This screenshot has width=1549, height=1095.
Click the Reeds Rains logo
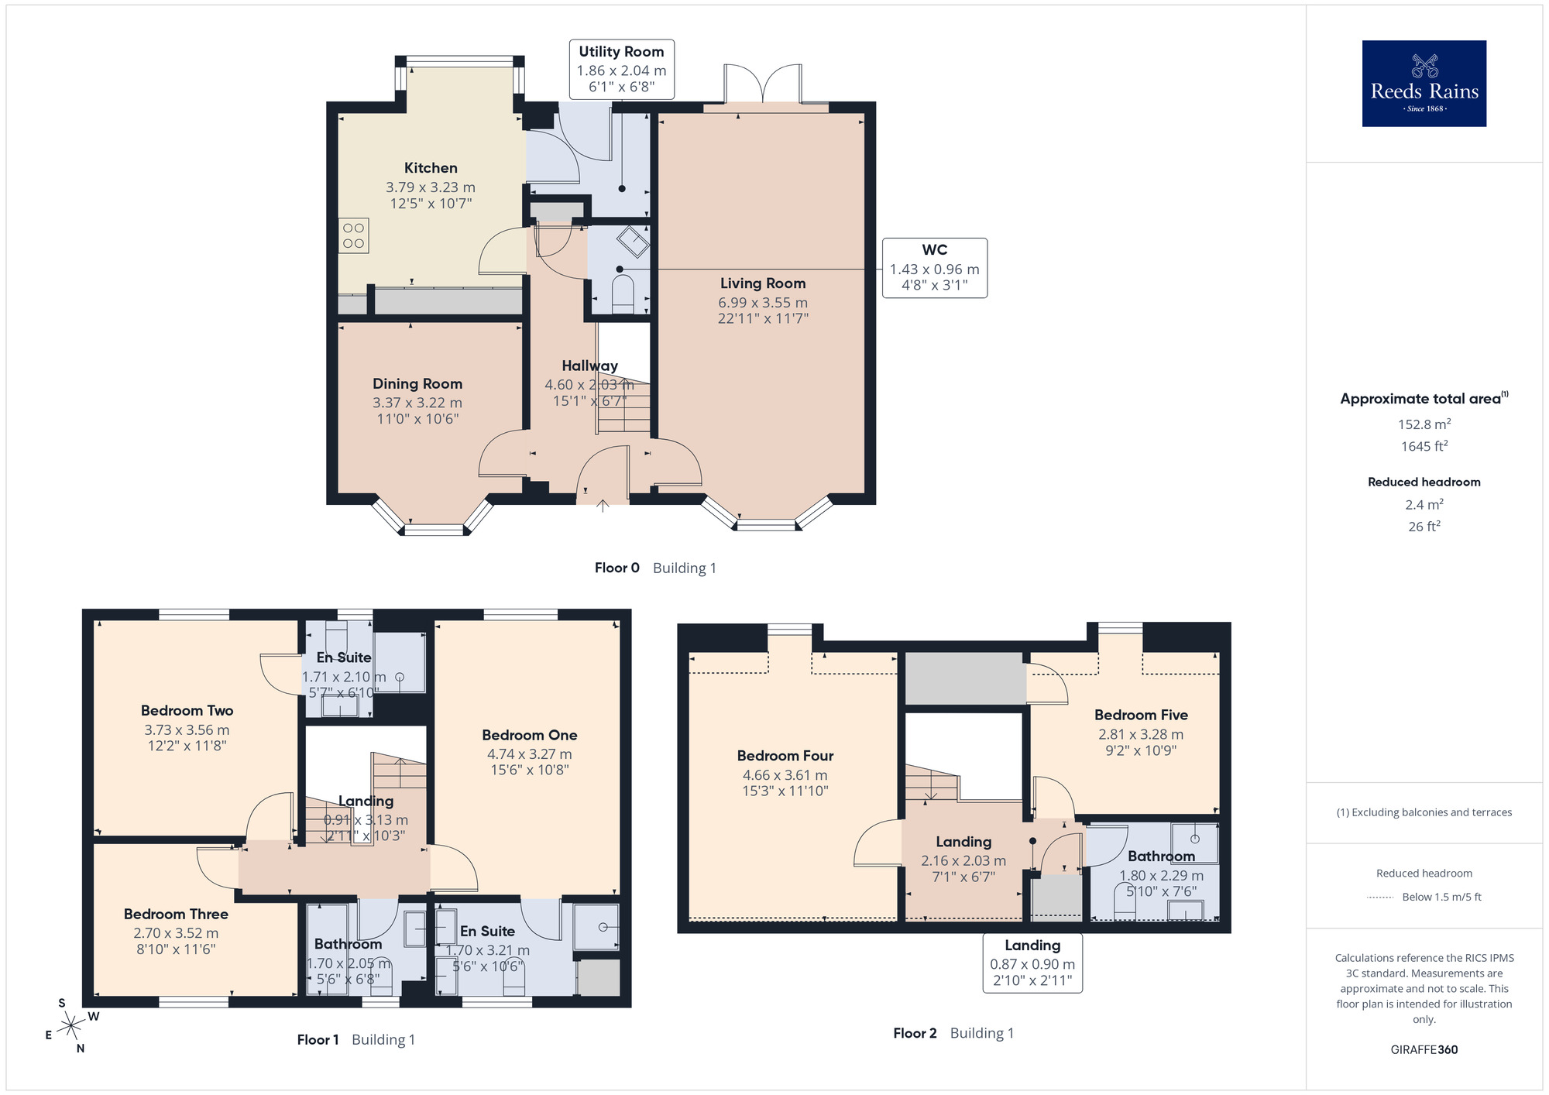tap(1424, 84)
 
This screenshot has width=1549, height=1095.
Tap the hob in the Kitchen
tap(354, 235)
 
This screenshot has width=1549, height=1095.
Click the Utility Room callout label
tap(622, 69)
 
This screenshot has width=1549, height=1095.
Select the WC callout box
tap(935, 268)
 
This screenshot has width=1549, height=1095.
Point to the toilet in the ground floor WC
tap(623, 296)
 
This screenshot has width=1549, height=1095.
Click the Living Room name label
tap(763, 283)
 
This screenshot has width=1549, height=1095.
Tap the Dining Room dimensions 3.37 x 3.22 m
tap(417, 403)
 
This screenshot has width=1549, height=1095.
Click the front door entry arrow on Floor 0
tap(603, 506)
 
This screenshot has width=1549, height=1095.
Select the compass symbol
tap(71, 1026)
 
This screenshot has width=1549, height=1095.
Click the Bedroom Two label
tap(187, 710)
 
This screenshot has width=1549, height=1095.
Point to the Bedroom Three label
tap(176, 914)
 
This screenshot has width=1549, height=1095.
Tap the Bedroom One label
tap(530, 735)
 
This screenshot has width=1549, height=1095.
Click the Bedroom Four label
tap(785, 756)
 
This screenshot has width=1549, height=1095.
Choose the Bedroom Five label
tap(1141, 715)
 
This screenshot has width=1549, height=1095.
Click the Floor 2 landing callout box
tap(1032, 963)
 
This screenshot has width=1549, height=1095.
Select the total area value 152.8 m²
tap(1424, 424)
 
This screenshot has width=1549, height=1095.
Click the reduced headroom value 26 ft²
tap(1424, 526)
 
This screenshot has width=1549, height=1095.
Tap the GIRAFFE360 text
tap(1424, 1050)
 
